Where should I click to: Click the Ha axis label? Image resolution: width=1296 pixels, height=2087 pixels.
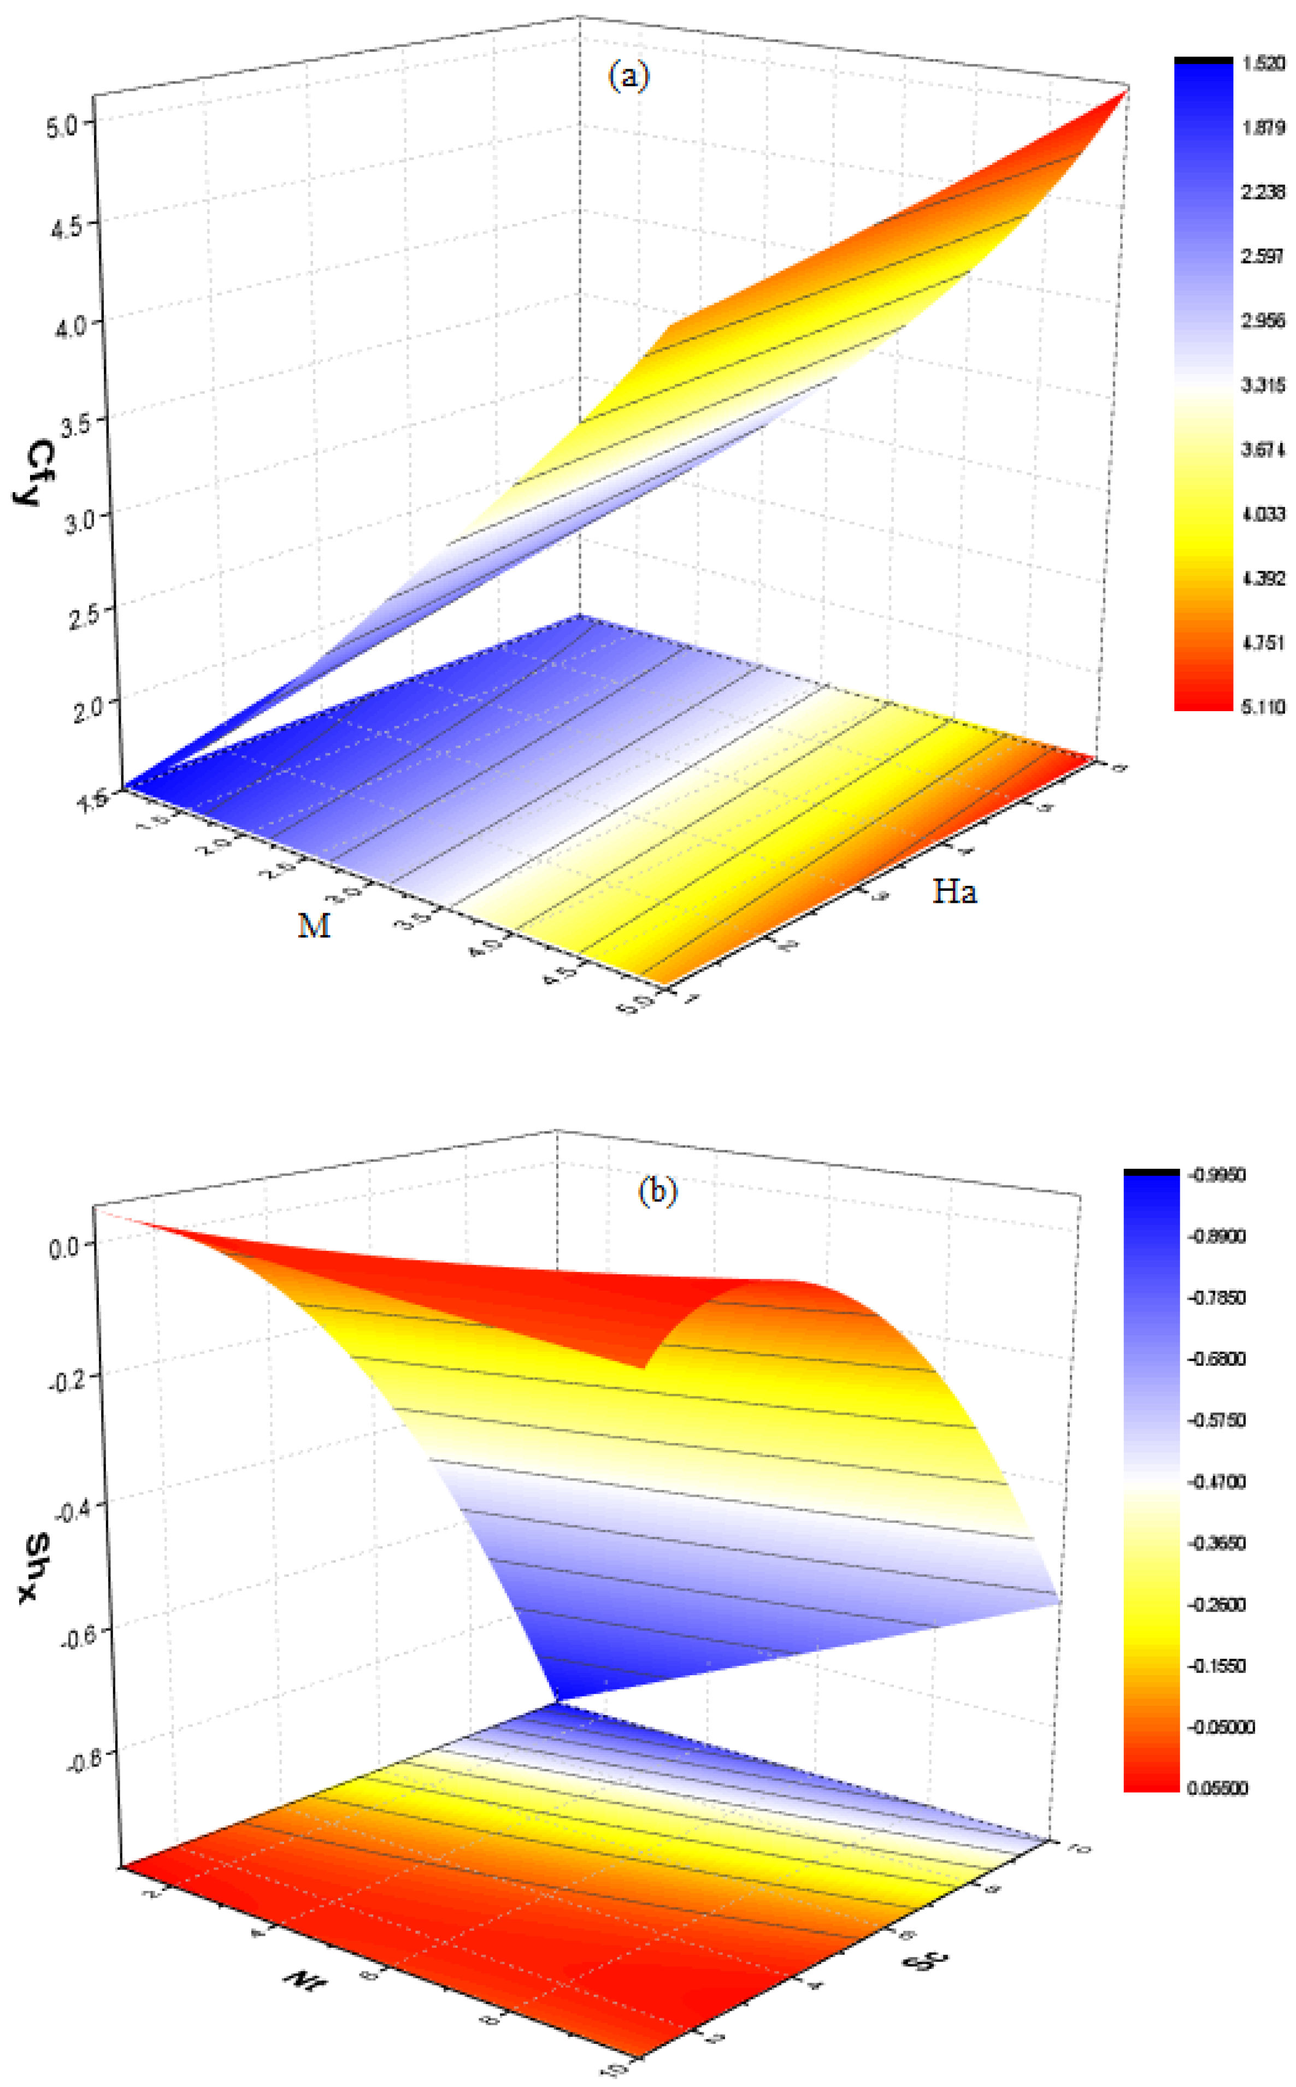point(954,892)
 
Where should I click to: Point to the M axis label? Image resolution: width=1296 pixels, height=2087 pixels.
point(314,925)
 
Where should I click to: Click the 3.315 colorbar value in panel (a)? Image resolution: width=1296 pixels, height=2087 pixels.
point(1263,386)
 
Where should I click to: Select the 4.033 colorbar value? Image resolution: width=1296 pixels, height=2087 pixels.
point(1263,514)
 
